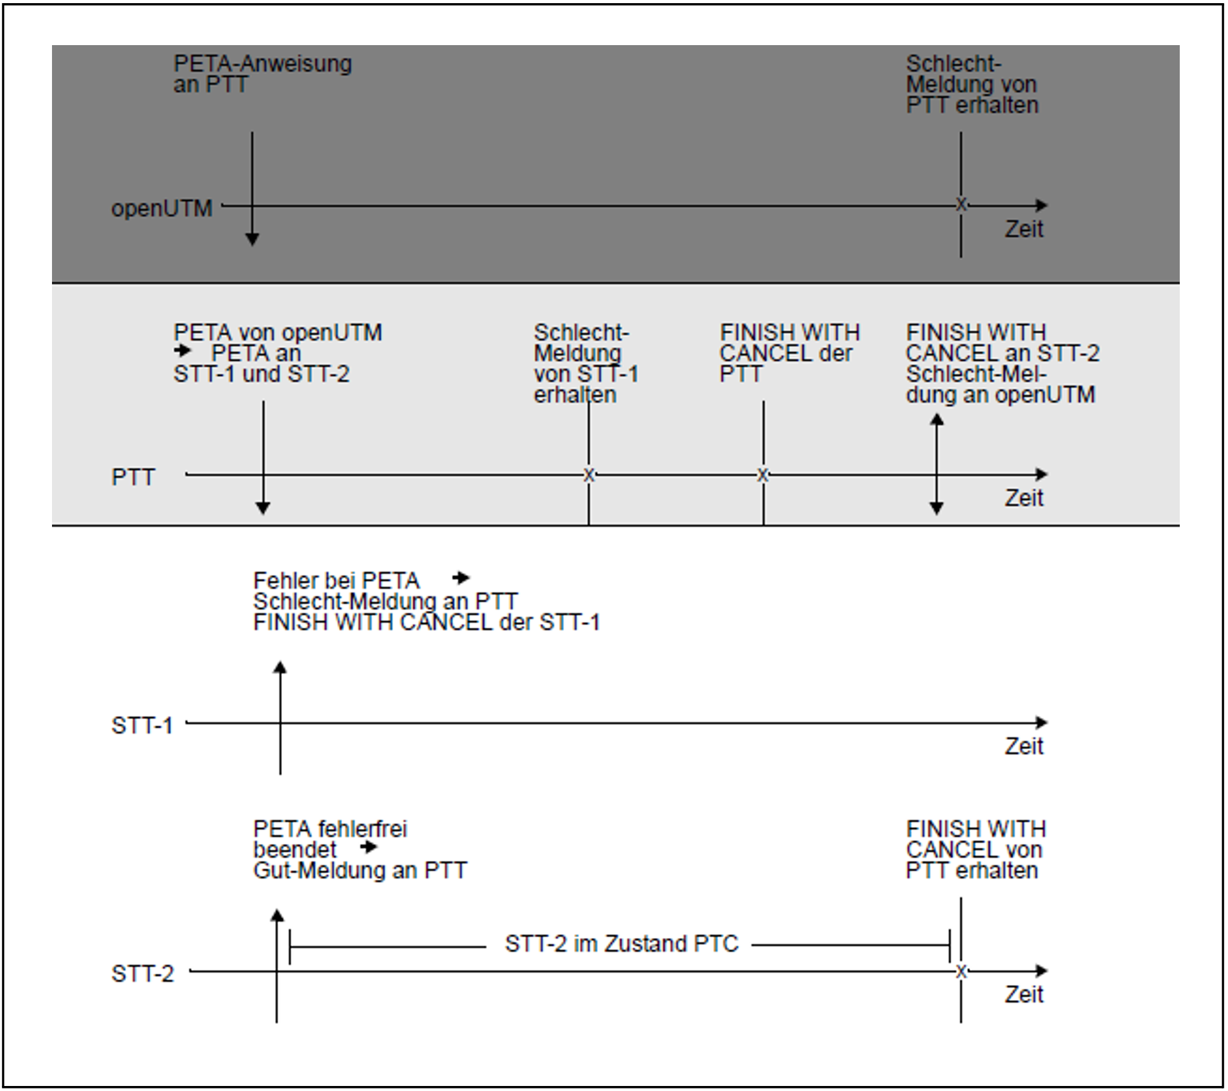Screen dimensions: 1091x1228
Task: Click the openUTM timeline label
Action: tap(162, 208)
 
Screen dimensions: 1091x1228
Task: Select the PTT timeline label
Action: tap(133, 477)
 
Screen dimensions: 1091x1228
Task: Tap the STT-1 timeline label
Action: tap(142, 725)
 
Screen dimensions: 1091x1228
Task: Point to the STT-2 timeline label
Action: tap(142, 973)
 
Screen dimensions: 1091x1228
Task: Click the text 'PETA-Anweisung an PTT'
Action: tap(263, 74)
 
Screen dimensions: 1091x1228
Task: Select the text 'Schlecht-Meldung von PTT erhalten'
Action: tap(972, 84)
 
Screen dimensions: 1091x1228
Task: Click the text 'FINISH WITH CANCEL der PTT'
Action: tap(789, 353)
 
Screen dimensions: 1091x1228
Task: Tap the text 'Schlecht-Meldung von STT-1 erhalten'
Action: tap(586, 363)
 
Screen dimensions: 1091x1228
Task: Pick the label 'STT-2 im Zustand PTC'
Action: tap(622, 944)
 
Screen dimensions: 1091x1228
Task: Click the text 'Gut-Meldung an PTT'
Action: tap(360, 870)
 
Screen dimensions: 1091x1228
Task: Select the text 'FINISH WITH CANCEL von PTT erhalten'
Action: tap(976, 850)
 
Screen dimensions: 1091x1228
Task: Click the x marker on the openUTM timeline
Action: tap(961, 204)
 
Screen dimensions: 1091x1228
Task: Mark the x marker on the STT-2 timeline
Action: tap(961, 971)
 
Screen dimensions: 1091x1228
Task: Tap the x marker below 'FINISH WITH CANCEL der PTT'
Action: tap(762, 474)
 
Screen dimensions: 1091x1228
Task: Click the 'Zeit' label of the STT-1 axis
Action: tap(1024, 746)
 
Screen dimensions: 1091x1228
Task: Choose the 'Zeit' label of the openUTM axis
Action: tap(1024, 229)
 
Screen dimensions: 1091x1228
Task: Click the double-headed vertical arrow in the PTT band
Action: tap(937, 464)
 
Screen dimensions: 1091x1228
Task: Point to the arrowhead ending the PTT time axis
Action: tap(1041, 474)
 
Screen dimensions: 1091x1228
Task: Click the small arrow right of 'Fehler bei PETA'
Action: tap(461, 578)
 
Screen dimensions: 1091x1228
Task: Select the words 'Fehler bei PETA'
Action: tap(336, 581)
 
